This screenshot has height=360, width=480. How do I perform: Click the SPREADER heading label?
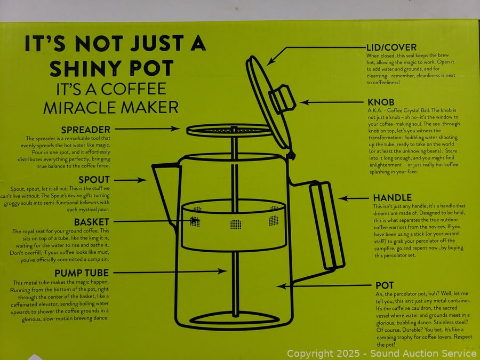[x=86, y=130]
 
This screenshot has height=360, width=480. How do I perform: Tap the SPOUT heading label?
[x=94, y=179]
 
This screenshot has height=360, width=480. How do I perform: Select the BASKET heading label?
[x=92, y=222]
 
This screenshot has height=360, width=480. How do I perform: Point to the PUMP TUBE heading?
[x=82, y=273]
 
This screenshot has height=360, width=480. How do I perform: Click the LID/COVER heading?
[x=391, y=47]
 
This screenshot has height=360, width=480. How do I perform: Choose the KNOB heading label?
[x=381, y=102]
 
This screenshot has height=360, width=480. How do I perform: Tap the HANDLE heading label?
[x=392, y=197]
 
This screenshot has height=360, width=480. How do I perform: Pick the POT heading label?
[x=385, y=285]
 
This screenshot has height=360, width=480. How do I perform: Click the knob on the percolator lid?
[x=282, y=99]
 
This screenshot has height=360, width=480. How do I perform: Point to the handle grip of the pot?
[x=327, y=226]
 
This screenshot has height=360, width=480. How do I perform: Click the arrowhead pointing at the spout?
[x=142, y=180]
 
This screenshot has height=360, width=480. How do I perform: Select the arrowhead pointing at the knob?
[x=305, y=102]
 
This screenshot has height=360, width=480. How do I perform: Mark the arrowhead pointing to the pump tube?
[x=222, y=271]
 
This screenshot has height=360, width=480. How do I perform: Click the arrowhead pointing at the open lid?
[x=271, y=61]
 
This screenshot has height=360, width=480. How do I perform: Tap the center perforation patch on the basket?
[x=236, y=224]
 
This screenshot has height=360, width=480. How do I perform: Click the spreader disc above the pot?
[x=229, y=131]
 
